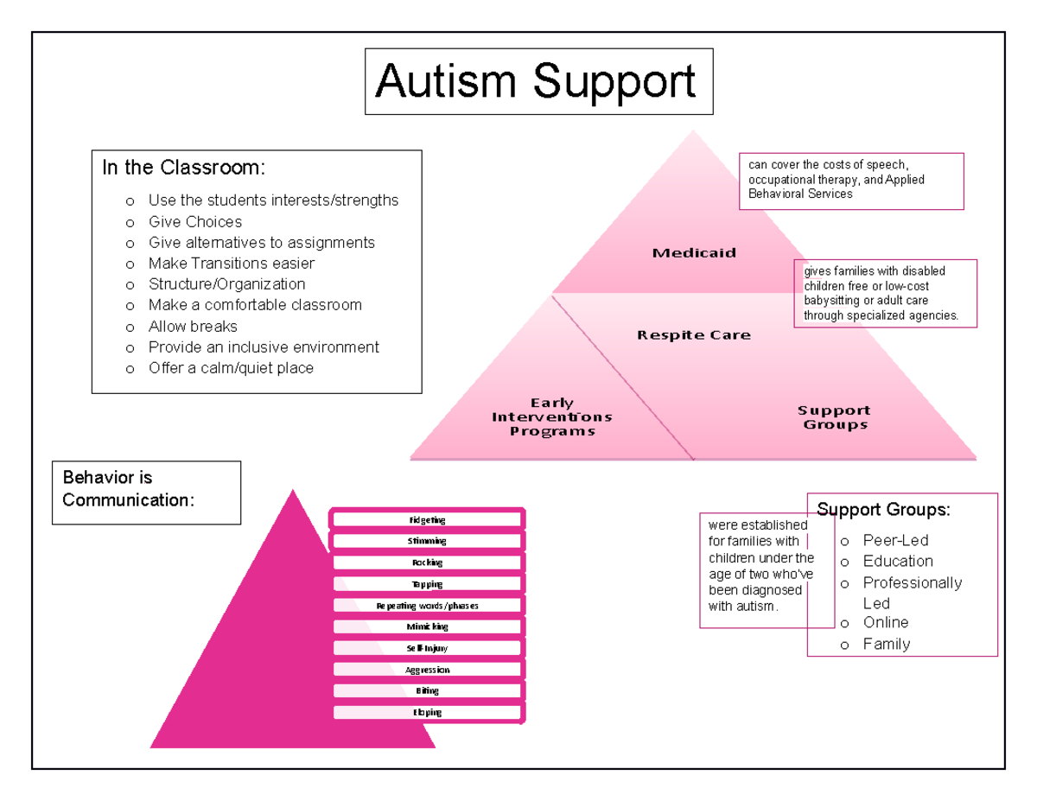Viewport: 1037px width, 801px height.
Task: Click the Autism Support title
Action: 536,82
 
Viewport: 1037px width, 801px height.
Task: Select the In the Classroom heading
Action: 183,168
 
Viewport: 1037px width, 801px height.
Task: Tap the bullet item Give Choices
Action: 195,221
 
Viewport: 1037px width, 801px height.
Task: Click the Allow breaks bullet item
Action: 193,326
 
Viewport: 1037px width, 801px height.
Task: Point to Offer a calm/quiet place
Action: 231,368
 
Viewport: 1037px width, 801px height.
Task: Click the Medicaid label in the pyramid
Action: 694,253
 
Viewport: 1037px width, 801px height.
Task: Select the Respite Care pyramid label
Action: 694,334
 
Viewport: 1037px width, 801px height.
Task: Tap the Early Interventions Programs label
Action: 552,416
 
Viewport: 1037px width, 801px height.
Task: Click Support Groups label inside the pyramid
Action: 834,417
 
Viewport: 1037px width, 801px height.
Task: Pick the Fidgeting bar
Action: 427,519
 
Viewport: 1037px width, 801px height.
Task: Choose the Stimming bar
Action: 427,541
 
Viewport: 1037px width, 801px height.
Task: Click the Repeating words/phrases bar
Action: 427,606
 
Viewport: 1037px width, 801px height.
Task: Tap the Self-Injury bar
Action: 427,648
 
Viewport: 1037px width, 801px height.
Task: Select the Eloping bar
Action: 427,713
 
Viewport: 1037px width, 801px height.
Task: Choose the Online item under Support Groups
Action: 886,622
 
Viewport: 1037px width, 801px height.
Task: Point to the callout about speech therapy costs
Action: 850,181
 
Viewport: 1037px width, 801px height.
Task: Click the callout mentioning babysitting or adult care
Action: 885,293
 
